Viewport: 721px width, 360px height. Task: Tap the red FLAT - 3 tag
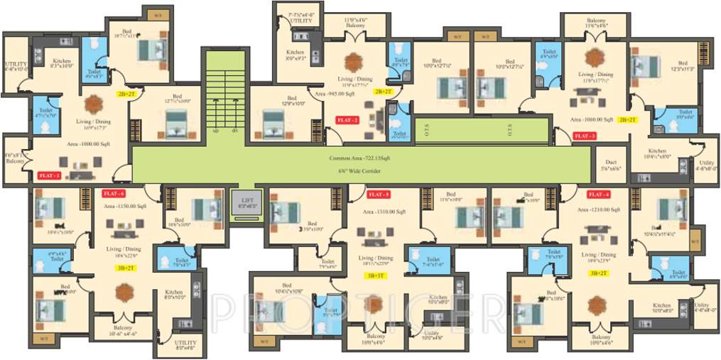click(x=584, y=135)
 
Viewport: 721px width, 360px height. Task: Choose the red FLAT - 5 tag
click(x=378, y=194)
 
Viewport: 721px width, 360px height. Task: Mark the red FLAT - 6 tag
click(x=114, y=193)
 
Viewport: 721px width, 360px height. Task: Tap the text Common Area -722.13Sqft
click(x=361, y=159)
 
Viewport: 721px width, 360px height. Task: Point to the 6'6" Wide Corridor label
click(x=361, y=172)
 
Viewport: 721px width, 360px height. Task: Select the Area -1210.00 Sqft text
click(x=601, y=210)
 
